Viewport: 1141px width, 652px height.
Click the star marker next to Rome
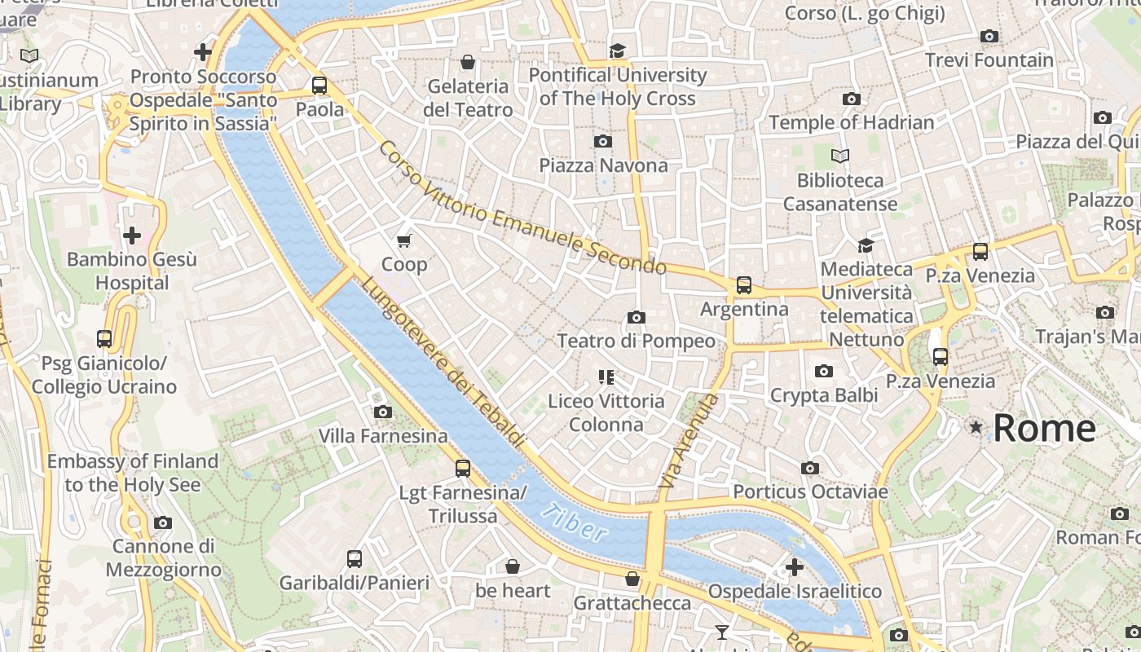pos(976,427)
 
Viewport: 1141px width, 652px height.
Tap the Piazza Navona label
pos(603,165)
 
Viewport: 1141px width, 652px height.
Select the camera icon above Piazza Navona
pos(603,142)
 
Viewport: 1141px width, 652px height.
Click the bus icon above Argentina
pos(743,285)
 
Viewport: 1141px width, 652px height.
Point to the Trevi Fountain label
pos(989,60)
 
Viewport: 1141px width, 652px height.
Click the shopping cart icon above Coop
pos(403,240)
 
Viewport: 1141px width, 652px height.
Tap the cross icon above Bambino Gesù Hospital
pos(131,236)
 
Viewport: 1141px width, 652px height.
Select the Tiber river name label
pos(574,522)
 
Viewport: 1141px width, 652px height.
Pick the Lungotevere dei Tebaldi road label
pos(443,361)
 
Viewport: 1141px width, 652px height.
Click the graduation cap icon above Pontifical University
pos(618,51)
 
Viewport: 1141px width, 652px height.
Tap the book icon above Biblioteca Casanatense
pos(839,156)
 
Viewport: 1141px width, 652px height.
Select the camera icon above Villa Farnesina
pos(382,412)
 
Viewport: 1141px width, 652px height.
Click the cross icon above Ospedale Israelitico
pos(795,567)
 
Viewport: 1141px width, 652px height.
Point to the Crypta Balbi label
pos(824,395)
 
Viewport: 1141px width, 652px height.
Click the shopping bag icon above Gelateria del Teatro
pos(468,62)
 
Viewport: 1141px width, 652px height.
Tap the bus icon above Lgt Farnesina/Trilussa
pos(462,469)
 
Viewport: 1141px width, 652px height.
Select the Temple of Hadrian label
pos(851,123)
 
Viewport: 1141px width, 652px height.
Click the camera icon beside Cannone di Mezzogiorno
pos(163,523)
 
